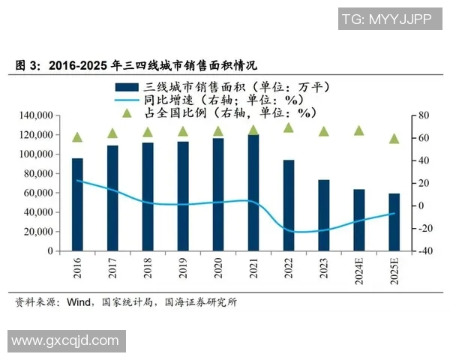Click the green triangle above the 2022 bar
(288, 128)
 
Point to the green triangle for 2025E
(394, 139)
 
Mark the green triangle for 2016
(77, 137)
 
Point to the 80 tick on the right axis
(421, 115)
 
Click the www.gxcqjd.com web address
(65, 341)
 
